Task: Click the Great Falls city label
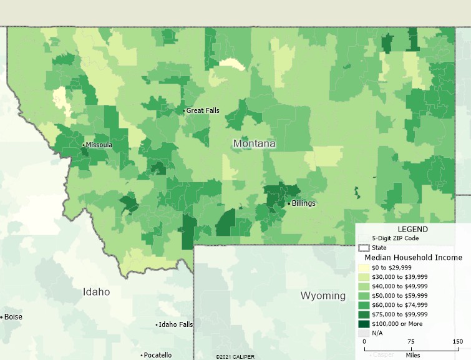[203, 110]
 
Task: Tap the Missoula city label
[99, 145]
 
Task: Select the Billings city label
[303, 203]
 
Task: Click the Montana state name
[254, 144]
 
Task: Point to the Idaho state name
[97, 292]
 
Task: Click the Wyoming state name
[323, 295]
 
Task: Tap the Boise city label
[13, 317]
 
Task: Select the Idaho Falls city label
[176, 325]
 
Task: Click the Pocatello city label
[157, 355]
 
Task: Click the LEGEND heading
[413, 229]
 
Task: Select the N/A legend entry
[377, 333]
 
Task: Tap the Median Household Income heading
[413, 257]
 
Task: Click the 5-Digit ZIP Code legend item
[396, 238]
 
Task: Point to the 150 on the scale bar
[457, 342]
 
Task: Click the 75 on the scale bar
[410, 342]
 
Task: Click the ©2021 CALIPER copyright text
[235, 357]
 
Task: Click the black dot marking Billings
[288, 203]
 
